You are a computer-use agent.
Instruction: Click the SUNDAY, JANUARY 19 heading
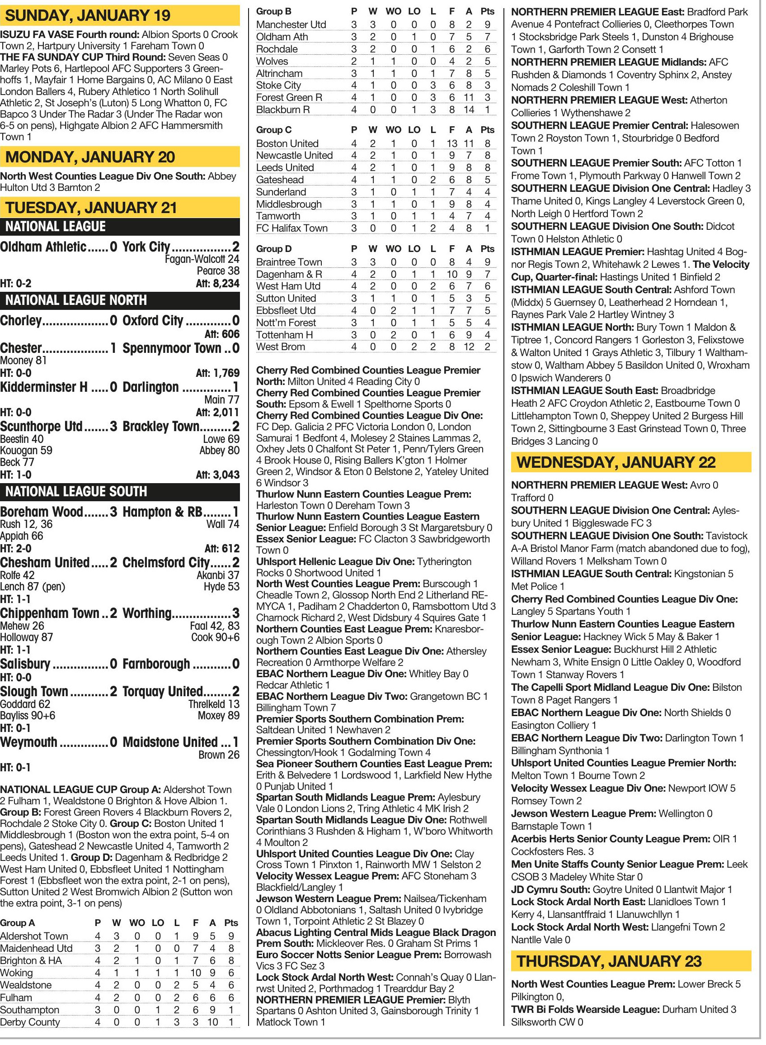point(88,15)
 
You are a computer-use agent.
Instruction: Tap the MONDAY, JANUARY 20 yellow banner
point(90,157)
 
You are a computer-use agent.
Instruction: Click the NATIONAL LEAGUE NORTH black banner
point(76,300)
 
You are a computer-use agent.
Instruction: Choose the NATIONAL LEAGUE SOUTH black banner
point(76,491)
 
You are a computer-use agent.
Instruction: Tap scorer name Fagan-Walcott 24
point(202,259)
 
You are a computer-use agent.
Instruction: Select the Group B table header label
point(273,12)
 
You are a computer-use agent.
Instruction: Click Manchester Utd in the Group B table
point(291,24)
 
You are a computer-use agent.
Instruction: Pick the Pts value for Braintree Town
point(487,262)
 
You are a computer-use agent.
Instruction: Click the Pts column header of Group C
point(487,130)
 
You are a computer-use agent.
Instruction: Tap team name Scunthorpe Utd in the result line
point(41,427)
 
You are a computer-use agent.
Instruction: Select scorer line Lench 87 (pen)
point(33,587)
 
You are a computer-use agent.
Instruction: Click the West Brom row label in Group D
point(281,347)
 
